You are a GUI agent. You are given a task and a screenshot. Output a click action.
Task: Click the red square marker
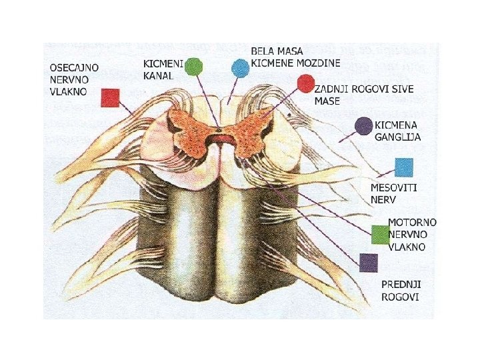click(110, 98)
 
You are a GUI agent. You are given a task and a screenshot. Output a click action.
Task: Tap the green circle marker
click(193, 66)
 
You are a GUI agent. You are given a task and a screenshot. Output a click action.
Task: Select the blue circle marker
click(239, 68)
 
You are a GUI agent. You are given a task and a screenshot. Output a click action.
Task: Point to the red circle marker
click(305, 83)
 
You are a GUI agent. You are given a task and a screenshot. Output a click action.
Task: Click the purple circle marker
click(363, 126)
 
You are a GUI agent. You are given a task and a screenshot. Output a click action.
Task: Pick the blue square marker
click(404, 167)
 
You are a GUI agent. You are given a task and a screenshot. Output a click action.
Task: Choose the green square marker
click(380, 235)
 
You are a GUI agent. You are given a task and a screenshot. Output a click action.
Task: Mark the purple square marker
click(368, 263)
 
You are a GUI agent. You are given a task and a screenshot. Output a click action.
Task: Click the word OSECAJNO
click(75, 68)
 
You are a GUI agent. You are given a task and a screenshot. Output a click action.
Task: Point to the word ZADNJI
click(332, 89)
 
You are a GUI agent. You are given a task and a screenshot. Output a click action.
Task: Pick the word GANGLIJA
click(397, 137)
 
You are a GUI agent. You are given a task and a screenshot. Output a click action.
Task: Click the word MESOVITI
click(394, 188)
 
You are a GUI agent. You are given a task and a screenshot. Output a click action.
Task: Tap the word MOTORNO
click(413, 222)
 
